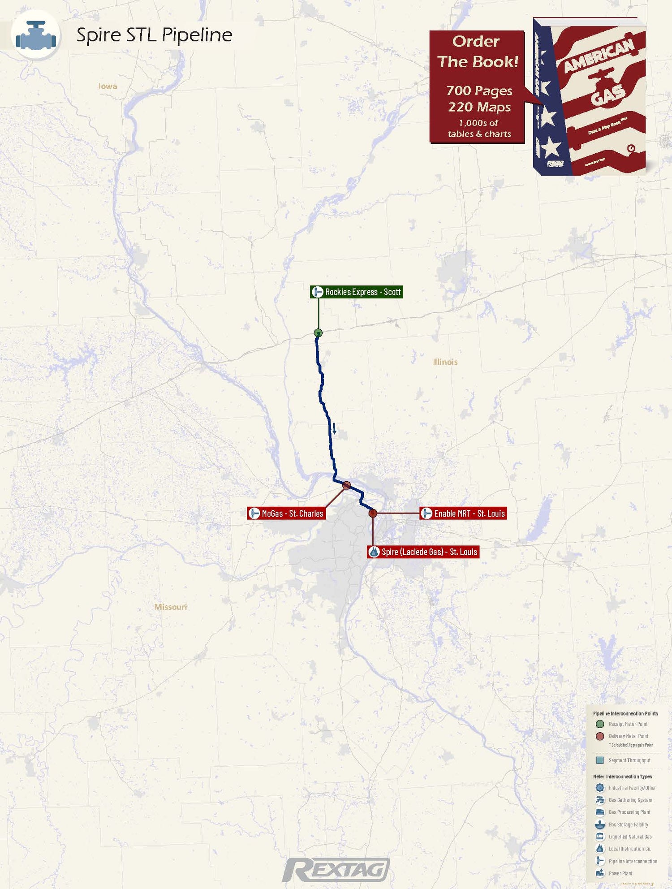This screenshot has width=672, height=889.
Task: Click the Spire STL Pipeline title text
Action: pos(154,35)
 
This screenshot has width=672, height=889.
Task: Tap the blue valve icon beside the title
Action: pos(36,35)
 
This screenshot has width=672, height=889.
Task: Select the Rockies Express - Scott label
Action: pos(357,292)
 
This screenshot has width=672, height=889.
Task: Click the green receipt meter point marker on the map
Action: pos(318,332)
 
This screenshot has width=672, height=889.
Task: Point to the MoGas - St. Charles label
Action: pos(287,514)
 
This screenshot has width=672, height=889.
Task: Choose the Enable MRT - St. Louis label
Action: pos(463,514)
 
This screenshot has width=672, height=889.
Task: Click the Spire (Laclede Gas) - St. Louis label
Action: pos(423,552)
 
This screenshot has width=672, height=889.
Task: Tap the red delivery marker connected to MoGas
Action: pos(346,485)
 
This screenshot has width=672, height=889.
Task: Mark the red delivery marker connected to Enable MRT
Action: pos(373,513)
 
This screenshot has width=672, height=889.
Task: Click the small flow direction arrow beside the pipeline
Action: pos(334,429)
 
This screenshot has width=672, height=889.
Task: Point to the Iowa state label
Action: pos(108,86)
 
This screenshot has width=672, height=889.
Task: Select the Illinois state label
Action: pos(445,362)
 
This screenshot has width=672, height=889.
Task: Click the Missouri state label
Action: pos(171,607)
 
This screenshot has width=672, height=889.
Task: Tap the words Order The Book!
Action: pos(478,52)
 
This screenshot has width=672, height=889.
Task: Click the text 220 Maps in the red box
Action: pos(479,107)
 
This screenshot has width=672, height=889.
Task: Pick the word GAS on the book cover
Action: pos(608,95)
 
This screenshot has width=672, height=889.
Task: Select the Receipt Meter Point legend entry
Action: pos(628,724)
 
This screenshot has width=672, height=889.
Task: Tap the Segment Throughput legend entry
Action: pos(629,760)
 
